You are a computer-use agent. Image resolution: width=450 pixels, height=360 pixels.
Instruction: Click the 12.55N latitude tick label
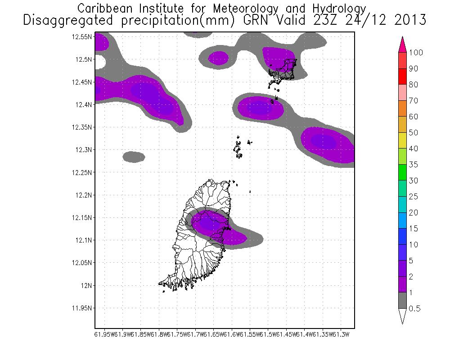point(82,37)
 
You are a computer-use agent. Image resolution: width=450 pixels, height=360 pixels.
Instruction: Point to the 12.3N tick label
point(83,150)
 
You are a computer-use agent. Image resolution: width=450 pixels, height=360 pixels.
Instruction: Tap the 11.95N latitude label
point(82,308)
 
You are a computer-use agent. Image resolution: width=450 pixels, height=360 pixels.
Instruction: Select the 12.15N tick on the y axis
point(82,218)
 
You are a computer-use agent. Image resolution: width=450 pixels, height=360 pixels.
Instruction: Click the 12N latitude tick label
point(86,285)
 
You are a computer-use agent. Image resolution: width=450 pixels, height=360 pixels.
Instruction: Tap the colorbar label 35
point(414,165)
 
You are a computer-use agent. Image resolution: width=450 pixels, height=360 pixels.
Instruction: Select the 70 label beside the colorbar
point(414,101)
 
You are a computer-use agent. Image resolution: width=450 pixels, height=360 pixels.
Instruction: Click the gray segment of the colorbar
point(402,301)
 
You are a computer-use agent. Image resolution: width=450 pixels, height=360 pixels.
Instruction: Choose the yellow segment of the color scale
point(402,140)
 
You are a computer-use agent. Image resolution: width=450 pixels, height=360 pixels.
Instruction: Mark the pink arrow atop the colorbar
point(402,44)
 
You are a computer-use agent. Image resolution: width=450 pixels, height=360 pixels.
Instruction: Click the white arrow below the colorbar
point(402,316)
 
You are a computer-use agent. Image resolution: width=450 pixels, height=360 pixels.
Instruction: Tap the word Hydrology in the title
point(337,8)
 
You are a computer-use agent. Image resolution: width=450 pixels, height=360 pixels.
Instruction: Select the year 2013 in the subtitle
point(408,20)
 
